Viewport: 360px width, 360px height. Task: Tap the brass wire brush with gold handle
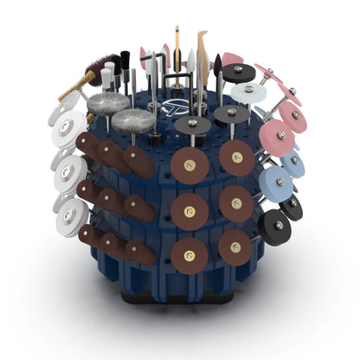[79, 83]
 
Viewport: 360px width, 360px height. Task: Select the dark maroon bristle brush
[101, 67]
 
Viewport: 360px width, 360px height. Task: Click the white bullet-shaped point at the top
[190, 60]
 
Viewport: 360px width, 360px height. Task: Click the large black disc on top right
[237, 74]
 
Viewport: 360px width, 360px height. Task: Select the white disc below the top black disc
[248, 92]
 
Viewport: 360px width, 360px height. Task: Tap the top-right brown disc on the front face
[236, 157]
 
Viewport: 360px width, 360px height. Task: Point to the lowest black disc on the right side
[275, 228]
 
